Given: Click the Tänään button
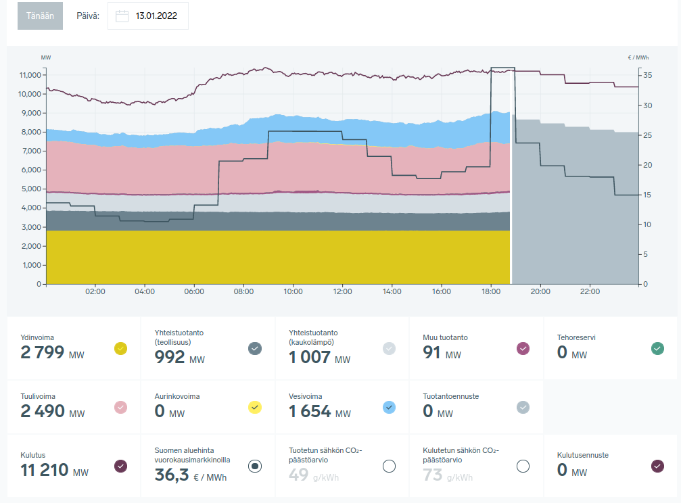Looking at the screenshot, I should pos(40,16).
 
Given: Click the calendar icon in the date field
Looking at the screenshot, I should pos(122,16).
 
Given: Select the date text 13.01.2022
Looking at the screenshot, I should pos(156,16).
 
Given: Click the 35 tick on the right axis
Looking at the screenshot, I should pos(648,75).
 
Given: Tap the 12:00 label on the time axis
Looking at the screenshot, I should pos(342,292).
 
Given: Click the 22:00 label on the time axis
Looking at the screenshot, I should pos(590,292).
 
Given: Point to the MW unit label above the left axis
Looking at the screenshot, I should pos(46,57).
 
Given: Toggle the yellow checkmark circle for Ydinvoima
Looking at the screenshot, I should pos(120,349).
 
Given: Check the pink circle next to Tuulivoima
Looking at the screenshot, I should pos(120,407).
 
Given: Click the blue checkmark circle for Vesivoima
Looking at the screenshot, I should pos(389,407).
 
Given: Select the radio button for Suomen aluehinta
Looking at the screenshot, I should pos(255,466).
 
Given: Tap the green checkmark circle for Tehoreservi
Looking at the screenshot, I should pos(657,349).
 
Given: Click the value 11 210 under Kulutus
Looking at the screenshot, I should pos(45,471).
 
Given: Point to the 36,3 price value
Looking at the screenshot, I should pos(169,476).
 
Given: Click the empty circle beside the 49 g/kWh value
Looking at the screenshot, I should pos(389,466).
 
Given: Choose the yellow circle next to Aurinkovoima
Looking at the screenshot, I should pos(255,407).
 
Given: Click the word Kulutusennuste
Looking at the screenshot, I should pos(582,455).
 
